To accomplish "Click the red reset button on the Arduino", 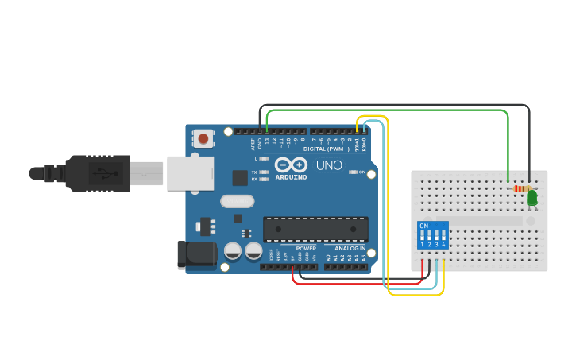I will (203, 139).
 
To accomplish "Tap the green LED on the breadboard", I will (532, 197).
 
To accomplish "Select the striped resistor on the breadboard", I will (520, 189).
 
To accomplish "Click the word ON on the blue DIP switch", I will (424, 226).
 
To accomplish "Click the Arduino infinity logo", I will (291, 165).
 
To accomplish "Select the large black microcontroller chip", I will (315, 229).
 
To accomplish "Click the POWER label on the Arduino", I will (306, 248).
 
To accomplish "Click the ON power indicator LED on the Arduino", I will (352, 172).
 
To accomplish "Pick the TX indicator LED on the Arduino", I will (263, 172).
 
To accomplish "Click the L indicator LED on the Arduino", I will (263, 158).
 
